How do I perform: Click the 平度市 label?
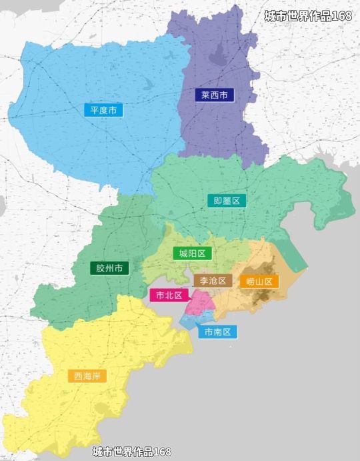pos(103,109)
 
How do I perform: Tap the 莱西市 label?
pos(215,95)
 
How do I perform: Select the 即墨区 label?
pos(227,200)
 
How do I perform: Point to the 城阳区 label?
pos(192,254)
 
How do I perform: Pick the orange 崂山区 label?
pos(259,281)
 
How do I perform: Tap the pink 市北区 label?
pos(169,295)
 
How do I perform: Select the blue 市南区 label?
pos(217,332)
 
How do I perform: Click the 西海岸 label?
pos(87,376)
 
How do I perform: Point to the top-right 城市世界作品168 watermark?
pos(307,16)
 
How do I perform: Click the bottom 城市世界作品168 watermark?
pos(132,452)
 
